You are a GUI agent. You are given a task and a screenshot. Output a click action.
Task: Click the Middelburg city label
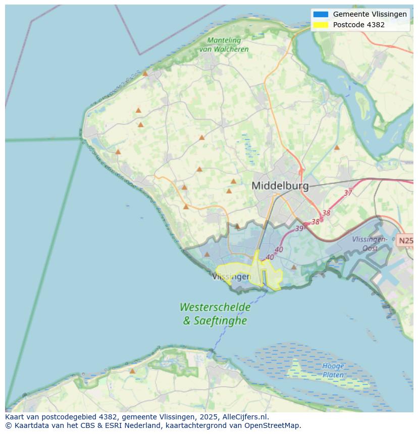click(280, 185)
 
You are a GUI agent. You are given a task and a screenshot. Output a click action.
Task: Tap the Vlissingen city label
click(232, 277)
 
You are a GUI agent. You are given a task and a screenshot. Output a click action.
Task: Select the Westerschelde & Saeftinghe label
click(215, 314)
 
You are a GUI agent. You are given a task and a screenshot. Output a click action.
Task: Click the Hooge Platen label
click(333, 370)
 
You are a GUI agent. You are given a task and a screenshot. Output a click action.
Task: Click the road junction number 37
click(348, 193)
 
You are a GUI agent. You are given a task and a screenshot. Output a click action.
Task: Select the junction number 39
click(299, 228)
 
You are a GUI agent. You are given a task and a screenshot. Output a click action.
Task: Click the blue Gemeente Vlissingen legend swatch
click(320, 15)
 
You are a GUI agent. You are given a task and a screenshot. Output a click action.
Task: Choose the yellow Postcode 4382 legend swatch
click(320, 25)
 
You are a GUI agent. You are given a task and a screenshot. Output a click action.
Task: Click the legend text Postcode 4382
click(358, 25)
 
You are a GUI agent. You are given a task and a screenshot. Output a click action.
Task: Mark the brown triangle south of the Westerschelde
click(132, 371)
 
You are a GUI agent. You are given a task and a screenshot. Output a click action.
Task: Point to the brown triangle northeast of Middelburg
click(337, 148)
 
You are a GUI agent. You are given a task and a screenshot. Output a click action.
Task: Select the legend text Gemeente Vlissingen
click(370, 15)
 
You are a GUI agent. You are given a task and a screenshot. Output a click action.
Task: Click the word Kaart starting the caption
click(16, 417)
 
